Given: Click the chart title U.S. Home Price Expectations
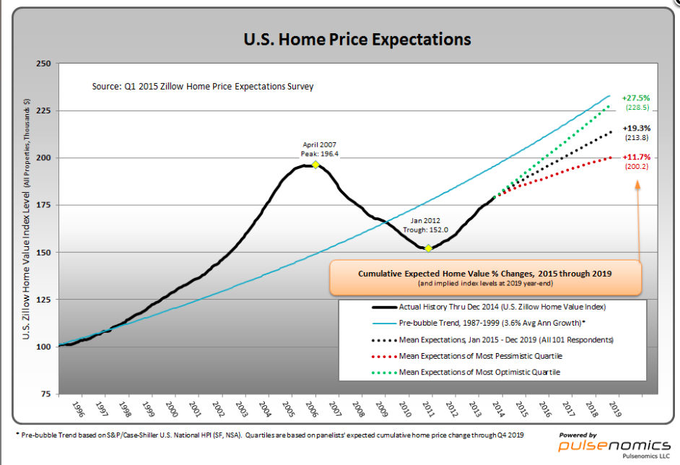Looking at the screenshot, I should [357, 38].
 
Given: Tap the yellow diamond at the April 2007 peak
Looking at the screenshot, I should [315, 165].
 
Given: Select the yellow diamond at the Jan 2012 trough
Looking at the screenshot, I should [428, 248].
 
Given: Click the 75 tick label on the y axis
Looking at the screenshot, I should [44, 394].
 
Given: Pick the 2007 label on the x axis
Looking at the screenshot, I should [335, 409].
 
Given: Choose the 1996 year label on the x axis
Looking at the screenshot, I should [77, 409].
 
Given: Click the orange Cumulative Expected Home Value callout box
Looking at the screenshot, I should [485, 278].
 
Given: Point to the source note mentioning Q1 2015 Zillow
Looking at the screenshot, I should [203, 87].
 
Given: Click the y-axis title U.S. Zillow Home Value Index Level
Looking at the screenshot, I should [27, 217].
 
